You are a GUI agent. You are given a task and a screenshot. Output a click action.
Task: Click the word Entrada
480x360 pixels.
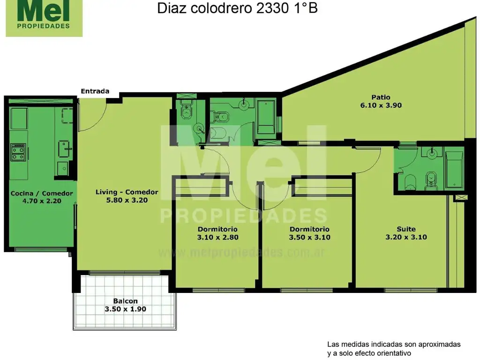pyautogui.click(x=95, y=91)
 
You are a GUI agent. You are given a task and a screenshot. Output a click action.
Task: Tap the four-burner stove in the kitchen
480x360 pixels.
pyautogui.click(x=18, y=151)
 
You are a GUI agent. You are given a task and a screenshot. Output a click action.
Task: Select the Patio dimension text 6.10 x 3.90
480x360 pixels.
pyautogui.click(x=381, y=105)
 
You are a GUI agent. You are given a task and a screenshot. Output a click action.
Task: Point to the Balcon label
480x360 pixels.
pyautogui.click(x=125, y=301)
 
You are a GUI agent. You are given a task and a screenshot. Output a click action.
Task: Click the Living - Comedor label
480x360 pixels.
pyautogui.click(x=127, y=192)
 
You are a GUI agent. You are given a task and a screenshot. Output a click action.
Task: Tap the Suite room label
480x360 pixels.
pyautogui.click(x=406, y=229)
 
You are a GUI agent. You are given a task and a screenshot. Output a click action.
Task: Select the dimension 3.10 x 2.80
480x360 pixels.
pyautogui.click(x=217, y=237)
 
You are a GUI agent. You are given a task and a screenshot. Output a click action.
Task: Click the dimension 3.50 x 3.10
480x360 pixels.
pyautogui.click(x=309, y=237)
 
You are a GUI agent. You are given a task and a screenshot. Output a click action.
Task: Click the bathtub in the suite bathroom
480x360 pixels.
pyautogui.click(x=454, y=170)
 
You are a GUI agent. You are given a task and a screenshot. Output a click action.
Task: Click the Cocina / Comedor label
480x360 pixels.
pyautogui.click(x=42, y=193)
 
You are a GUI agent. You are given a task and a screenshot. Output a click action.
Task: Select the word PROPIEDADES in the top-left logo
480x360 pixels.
pyautogui.click(x=44, y=26)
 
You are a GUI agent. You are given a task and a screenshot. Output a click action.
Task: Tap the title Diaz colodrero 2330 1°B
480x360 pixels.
pyautogui.click(x=237, y=8)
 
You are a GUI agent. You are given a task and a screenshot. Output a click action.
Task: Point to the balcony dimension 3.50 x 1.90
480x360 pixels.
pyautogui.click(x=125, y=309)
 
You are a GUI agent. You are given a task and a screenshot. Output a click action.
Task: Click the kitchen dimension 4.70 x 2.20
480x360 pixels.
pyautogui.click(x=42, y=201)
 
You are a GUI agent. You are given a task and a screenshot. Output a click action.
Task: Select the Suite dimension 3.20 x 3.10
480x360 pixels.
pyautogui.click(x=406, y=237)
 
